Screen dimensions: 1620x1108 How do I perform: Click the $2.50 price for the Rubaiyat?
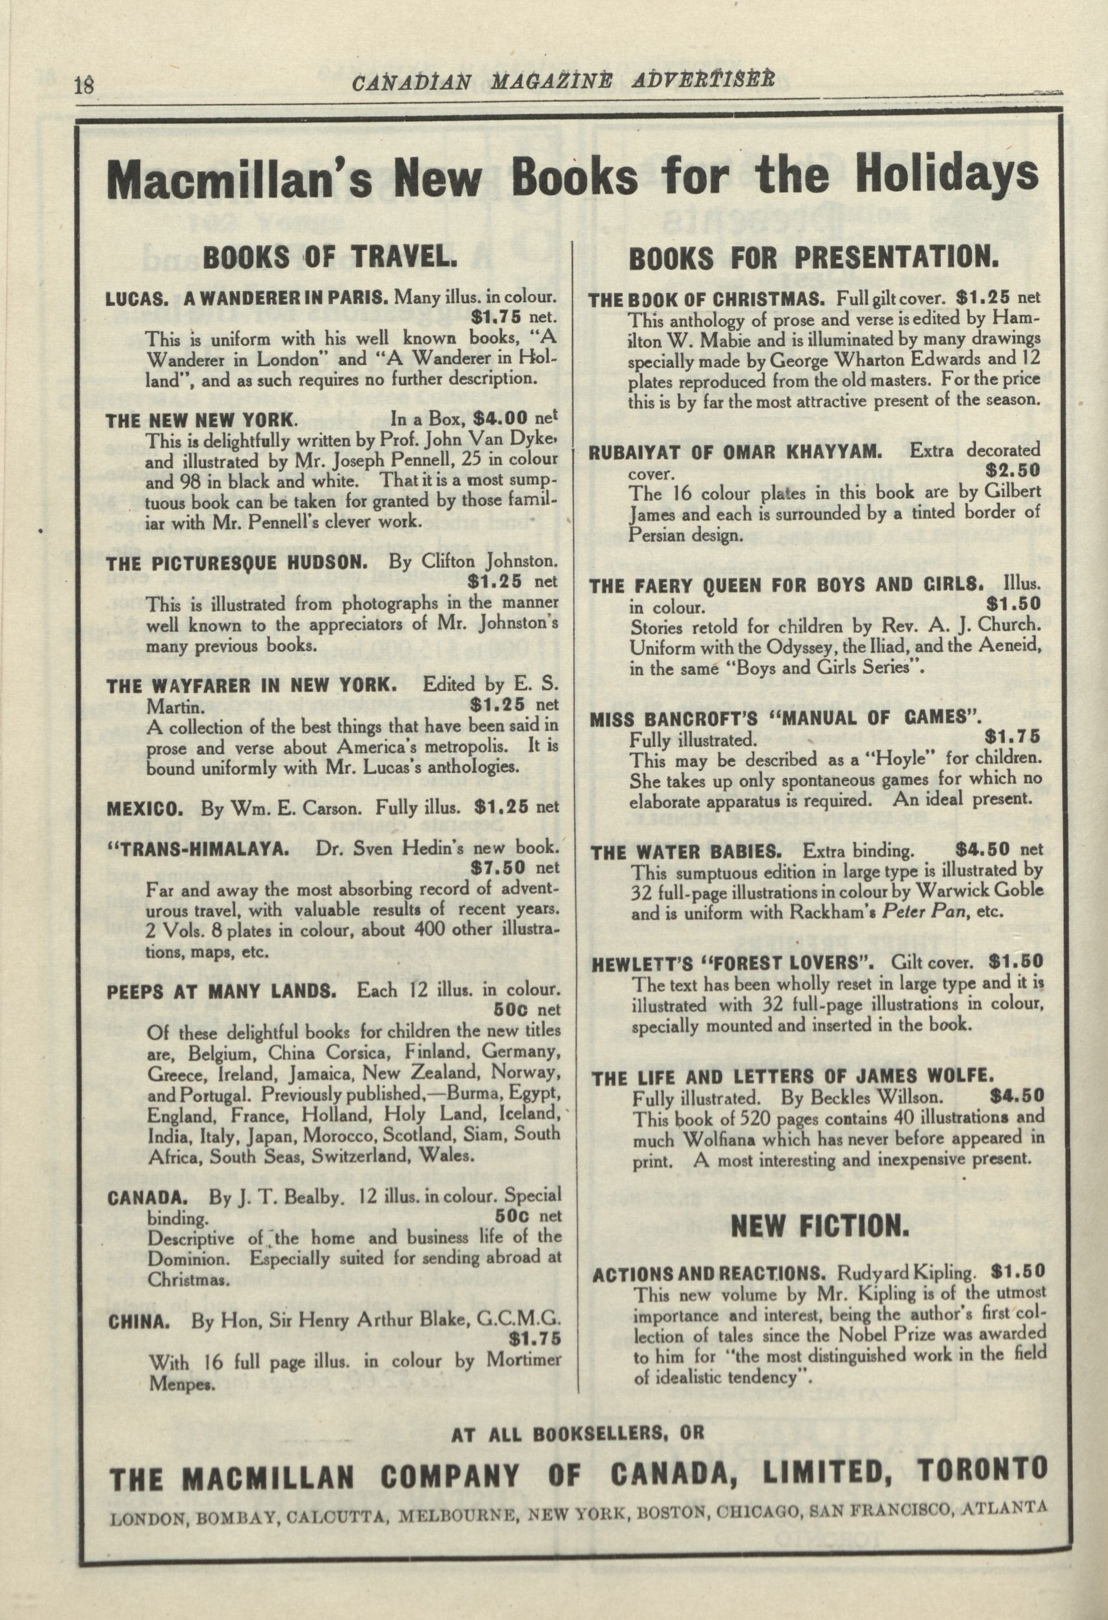pyautogui.click(x=1013, y=471)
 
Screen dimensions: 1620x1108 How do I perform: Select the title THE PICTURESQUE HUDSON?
pyautogui.click(x=236, y=562)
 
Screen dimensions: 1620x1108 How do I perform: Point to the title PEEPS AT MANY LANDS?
pyautogui.click(x=223, y=991)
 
